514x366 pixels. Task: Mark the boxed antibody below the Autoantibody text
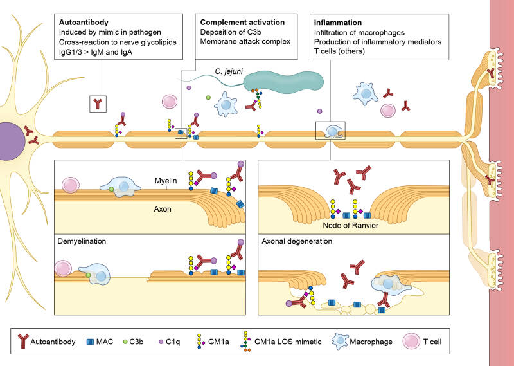[x=98, y=102]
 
